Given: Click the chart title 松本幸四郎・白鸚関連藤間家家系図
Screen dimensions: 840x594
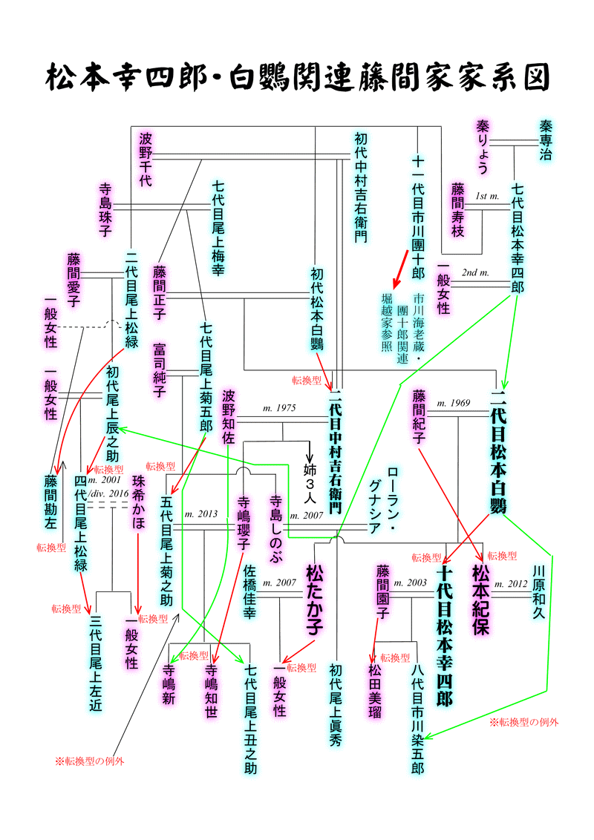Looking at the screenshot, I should (x=297, y=76).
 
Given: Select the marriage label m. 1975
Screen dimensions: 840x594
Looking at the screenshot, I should (x=279, y=408).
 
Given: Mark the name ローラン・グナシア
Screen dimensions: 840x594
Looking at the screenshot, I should (x=383, y=500).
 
